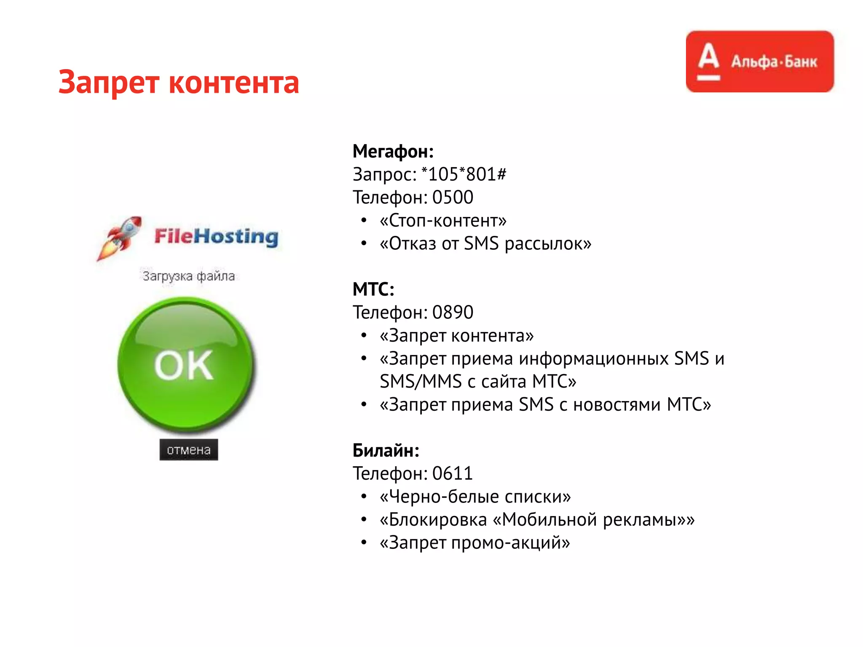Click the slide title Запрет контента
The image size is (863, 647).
179,82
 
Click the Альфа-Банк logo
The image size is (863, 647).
759,61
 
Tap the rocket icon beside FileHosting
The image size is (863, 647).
120,238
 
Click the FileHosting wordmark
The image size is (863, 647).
216,236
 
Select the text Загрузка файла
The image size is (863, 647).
188,276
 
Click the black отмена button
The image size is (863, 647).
188,449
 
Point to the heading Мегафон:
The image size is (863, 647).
393,151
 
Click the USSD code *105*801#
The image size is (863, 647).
464,174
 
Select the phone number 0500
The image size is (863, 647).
453,198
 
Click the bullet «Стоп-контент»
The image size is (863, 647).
443,220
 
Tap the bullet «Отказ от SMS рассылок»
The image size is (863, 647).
485,243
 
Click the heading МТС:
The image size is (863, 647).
373,289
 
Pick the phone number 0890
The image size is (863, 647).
453,313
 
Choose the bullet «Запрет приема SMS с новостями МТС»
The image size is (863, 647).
545,404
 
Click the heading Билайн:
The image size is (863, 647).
386,450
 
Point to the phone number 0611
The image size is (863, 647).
453,473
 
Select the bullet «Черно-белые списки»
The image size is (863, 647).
475,497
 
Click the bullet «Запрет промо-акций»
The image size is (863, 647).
475,543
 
